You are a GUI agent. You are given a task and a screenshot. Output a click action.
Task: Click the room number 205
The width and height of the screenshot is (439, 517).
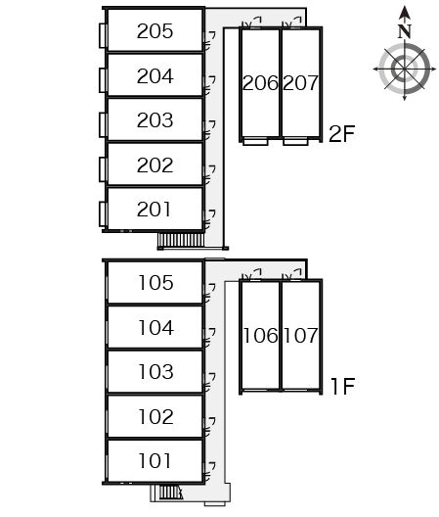(x=154, y=31)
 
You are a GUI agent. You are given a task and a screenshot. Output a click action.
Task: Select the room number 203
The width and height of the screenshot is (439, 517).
(x=154, y=120)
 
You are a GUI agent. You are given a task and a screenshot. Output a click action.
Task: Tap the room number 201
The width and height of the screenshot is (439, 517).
(x=154, y=210)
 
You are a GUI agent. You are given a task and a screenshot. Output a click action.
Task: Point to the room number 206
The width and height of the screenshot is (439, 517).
(x=260, y=83)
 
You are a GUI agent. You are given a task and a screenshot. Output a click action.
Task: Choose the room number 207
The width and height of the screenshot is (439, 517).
(x=300, y=83)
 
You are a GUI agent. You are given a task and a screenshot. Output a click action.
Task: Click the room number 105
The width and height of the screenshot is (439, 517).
(x=155, y=283)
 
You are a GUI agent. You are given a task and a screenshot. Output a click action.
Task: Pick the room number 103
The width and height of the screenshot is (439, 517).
(x=155, y=372)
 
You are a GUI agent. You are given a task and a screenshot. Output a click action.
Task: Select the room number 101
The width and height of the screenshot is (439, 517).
(x=154, y=461)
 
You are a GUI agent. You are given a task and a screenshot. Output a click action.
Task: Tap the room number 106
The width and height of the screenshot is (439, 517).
(x=260, y=336)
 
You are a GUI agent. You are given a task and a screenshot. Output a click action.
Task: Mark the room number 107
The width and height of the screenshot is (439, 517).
(x=300, y=336)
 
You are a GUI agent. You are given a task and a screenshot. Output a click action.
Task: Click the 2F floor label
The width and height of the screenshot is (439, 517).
(x=342, y=133)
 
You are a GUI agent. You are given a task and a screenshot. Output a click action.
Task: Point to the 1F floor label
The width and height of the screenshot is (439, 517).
(x=342, y=386)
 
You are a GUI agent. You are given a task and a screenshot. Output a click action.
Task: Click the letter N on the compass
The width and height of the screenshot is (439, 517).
(x=405, y=31)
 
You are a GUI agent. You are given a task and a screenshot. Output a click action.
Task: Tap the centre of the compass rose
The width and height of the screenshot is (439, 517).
(x=405, y=70)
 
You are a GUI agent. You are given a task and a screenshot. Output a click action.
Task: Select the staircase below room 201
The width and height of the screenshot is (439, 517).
(x=181, y=240)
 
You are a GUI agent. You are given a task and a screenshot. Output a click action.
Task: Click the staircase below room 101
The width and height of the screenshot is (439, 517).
(x=170, y=493)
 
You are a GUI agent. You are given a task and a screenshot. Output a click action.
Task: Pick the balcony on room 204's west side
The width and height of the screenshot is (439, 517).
(x=103, y=80)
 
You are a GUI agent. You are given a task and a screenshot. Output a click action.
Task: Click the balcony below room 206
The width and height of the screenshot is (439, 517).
(x=255, y=142)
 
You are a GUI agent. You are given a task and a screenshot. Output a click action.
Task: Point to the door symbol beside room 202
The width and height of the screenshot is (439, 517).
(x=209, y=174)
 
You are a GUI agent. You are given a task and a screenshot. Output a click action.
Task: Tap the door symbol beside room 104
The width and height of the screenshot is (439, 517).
(x=209, y=337)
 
